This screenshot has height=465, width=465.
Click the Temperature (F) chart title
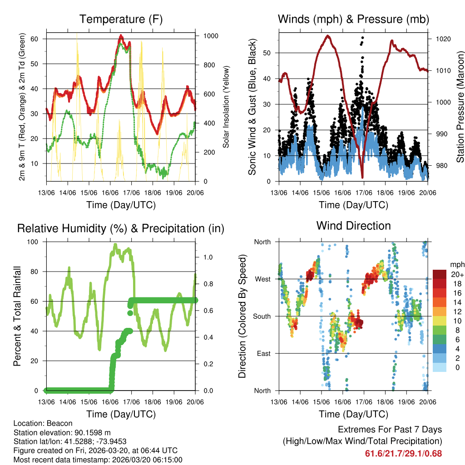pos(121,19)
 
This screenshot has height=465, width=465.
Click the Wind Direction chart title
pos(353,226)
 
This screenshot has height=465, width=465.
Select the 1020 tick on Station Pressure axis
pos(443,39)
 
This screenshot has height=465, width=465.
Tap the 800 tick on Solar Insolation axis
pos(210,65)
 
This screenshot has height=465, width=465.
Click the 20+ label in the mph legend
pos(456,274)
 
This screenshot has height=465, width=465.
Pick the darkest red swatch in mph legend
pos(440,274)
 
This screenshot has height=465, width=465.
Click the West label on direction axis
pos(262,279)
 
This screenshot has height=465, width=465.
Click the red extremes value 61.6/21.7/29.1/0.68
pos(403,453)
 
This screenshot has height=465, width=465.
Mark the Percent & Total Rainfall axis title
pos(17,316)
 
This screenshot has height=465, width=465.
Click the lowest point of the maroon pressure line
pos(362,177)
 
